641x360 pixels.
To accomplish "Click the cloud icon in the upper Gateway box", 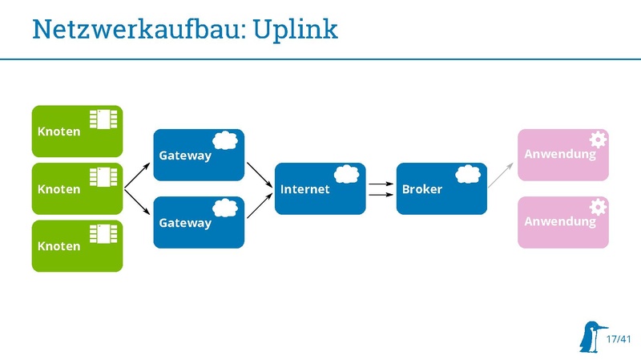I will click(225, 141).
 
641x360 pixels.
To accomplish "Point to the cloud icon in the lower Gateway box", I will click(225, 208).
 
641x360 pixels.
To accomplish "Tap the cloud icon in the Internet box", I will click(347, 175).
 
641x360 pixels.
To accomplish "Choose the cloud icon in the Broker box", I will click(468, 175).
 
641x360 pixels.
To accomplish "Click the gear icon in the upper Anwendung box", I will click(598, 140).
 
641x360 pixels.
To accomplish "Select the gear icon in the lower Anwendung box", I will click(598, 207).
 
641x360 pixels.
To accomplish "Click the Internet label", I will click(304, 189).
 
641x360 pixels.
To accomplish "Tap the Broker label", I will click(421, 189).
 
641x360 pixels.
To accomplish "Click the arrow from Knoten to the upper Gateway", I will click(137, 175).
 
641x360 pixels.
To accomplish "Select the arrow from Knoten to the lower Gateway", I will click(137, 202).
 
